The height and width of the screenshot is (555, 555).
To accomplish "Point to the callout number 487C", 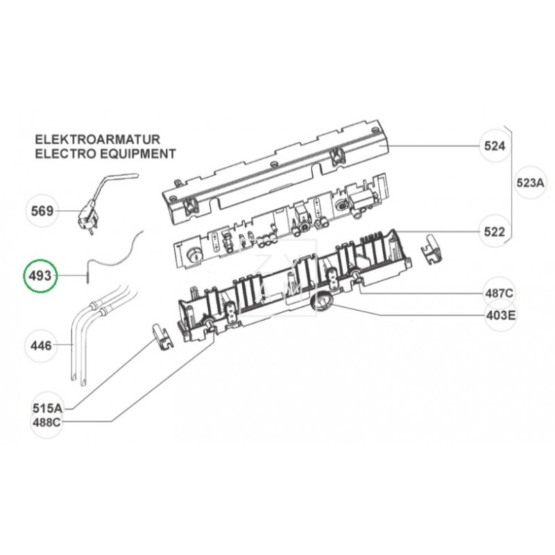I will click(498, 293).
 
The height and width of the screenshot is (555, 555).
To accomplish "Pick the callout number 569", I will click(42, 211).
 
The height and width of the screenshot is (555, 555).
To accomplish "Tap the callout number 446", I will click(42, 344).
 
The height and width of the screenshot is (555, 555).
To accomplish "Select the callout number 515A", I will click(47, 409).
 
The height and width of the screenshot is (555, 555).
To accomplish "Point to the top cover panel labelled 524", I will click(277, 173).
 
